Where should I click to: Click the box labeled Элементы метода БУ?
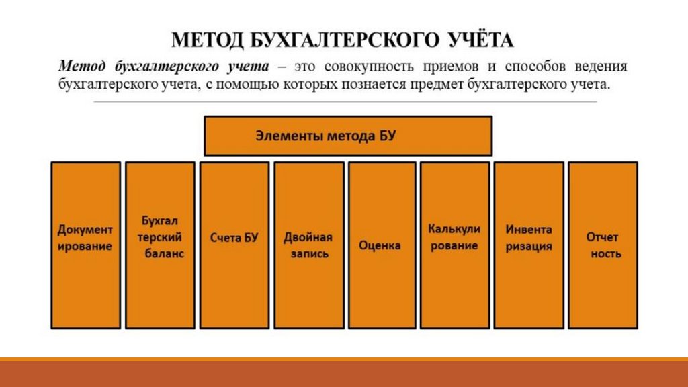click(x=348, y=136)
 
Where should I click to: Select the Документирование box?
click(x=85, y=245)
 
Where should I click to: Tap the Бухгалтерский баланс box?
click(x=159, y=245)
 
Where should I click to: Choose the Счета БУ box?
click(x=234, y=245)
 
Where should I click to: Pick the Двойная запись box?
click(x=308, y=245)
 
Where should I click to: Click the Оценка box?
click(x=380, y=245)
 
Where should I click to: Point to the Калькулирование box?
click(x=454, y=245)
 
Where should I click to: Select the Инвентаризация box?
click(x=529, y=245)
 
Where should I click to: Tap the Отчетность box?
click(x=603, y=245)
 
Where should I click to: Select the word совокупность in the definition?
click(x=368, y=67)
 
